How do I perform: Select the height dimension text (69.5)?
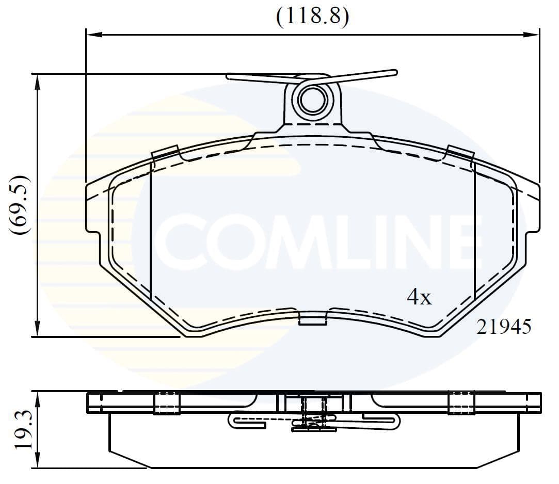[x=21, y=205]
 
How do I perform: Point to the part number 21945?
[x=503, y=326]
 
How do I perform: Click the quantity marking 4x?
[x=419, y=297]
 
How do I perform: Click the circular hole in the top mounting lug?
[x=313, y=100]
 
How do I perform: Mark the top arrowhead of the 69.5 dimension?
[x=37, y=80]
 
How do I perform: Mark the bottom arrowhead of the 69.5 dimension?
[x=37, y=330]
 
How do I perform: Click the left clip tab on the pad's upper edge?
[x=165, y=153]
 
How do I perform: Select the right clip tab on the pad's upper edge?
[x=460, y=153]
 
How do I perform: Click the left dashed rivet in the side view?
[x=166, y=403]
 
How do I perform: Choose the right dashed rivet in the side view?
[x=461, y=403]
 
